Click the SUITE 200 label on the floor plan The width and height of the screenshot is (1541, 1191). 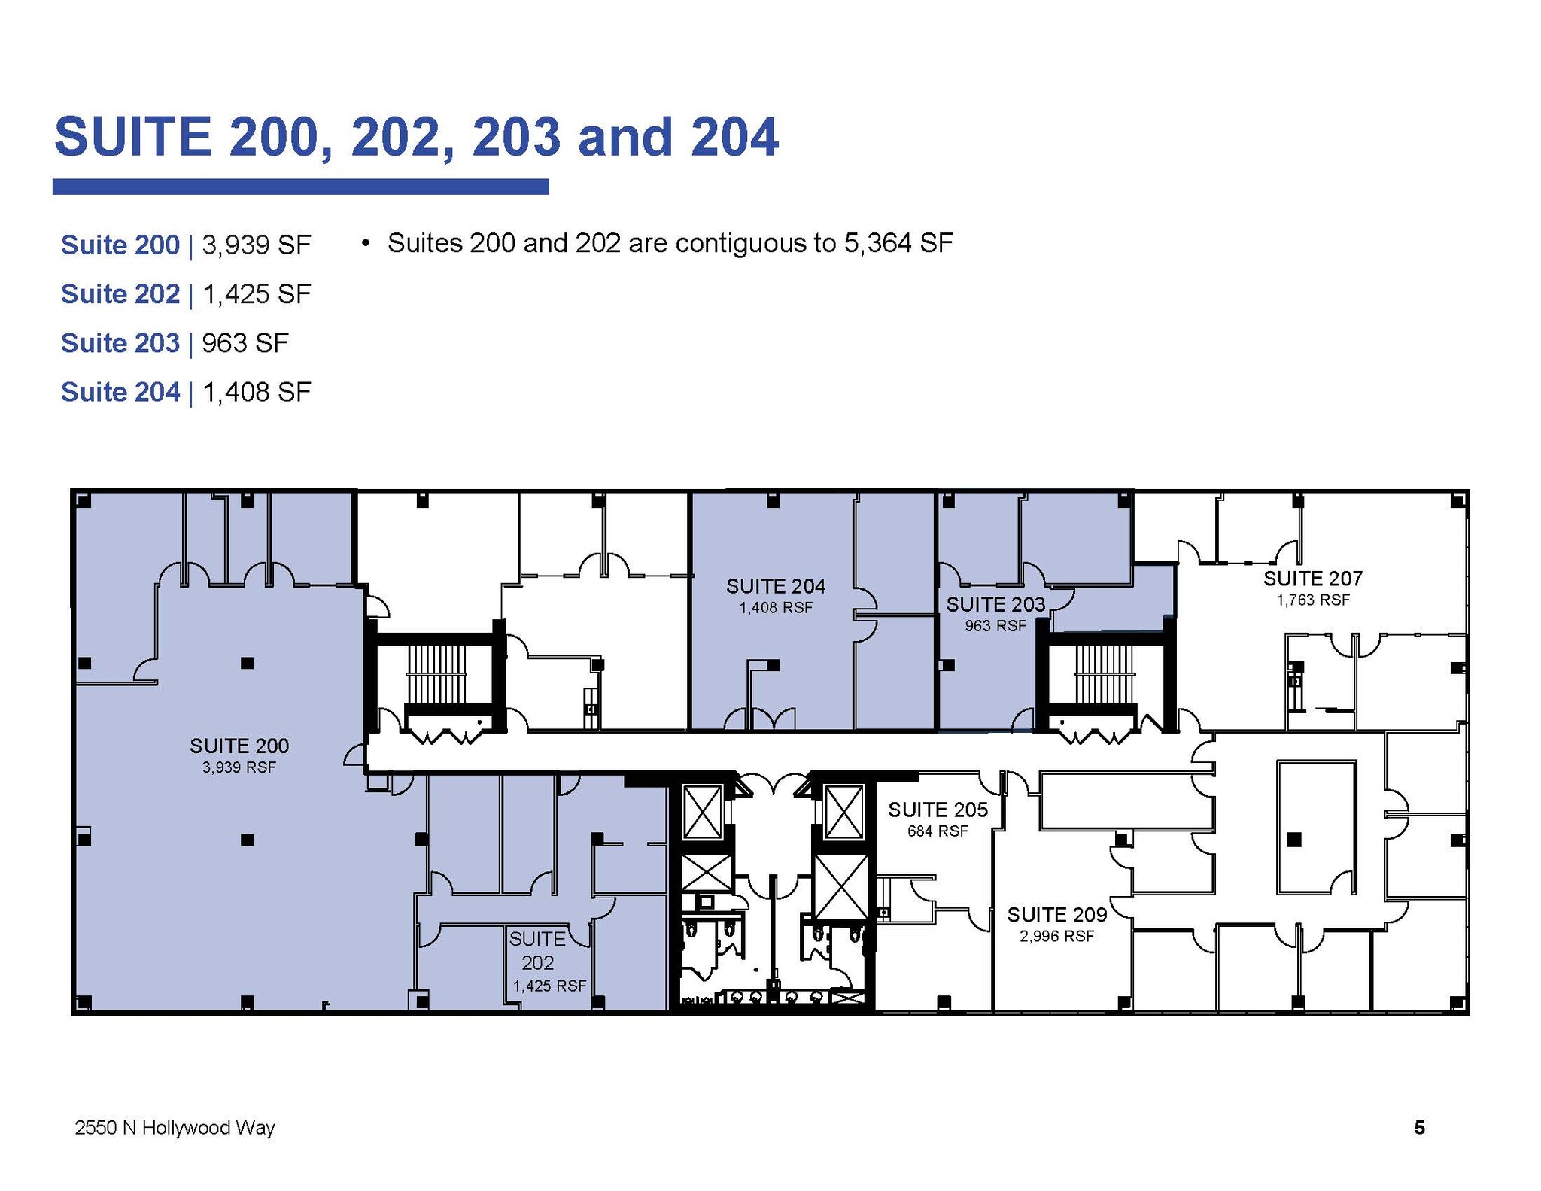coord(239,746)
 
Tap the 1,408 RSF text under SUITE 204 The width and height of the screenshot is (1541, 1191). coord(775,608)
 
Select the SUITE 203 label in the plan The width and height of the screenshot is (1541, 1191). coord(995,604)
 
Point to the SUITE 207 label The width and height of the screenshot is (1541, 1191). coord(1312,579)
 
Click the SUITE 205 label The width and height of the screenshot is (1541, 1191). coord(937,810)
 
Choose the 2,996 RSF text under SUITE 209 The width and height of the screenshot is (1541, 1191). coord(1056,936)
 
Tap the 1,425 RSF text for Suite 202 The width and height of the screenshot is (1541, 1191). coord(549,986)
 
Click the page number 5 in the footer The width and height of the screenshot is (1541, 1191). coord(1419,1127)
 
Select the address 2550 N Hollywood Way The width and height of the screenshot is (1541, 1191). coord(175,1128)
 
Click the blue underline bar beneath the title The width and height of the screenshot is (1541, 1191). coord(300,187)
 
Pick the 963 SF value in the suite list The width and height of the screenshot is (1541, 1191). coord(245,343)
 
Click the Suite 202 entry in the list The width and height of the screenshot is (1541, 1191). coord(120,294)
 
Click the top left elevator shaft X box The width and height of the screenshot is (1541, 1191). coord(702,811)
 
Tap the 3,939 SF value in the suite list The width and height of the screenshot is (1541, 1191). coord(257,245)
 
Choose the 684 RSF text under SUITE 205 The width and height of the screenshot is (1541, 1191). coord(937,831)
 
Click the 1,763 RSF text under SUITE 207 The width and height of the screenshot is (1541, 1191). coord(1312,600)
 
